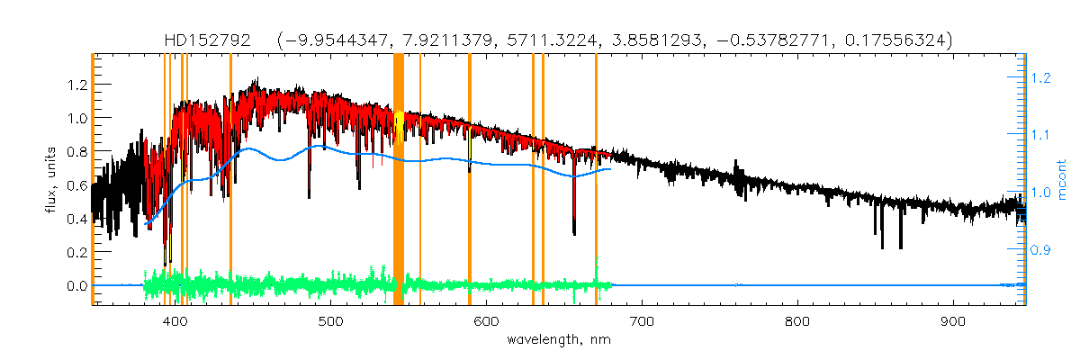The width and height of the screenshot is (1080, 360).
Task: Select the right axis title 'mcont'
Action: [x=1062, y=178]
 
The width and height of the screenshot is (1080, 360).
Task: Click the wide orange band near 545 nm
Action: [x=399, y=198]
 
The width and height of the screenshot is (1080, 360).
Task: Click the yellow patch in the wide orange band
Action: [x=400, y=121]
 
